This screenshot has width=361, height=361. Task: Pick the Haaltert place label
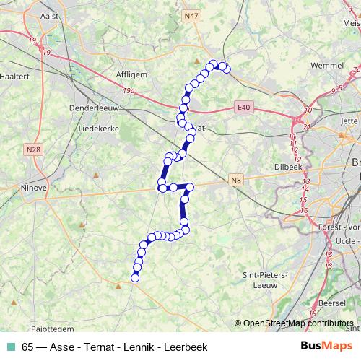[x=15, y=74]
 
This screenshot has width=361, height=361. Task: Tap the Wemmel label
[x=326, y=65]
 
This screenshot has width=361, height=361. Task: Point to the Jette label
[x=349, y=121]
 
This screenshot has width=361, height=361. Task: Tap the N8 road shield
[x=235, y=179]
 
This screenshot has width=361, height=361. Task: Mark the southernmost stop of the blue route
[x=134, y=277]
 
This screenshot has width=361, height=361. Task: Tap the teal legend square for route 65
[x=12, y=346]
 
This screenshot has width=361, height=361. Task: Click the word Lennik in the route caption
[x=136, y=346]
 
